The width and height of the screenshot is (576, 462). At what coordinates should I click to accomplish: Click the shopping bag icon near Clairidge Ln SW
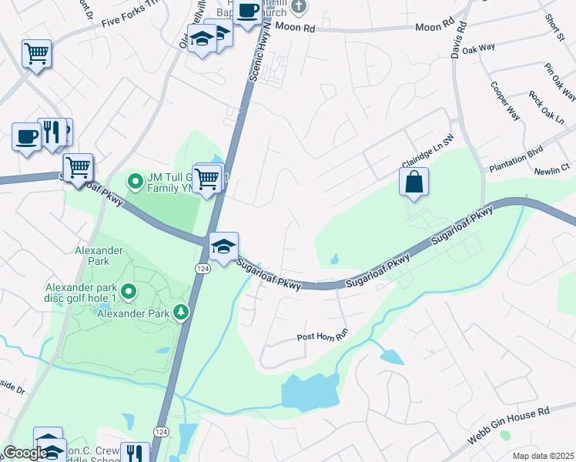pyautogui.click(x=414, y=182)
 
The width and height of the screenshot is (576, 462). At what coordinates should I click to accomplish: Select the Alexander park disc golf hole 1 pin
pyautogui.click(x=129, y=292)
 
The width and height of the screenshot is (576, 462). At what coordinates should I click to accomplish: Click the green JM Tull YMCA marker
pyautogui.click(x=136, y=182)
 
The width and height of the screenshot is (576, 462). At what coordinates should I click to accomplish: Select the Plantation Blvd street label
pyautogui.click(x=517, y=159)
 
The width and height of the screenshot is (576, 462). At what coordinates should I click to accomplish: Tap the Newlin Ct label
pyautogui.click(x=554, y=166)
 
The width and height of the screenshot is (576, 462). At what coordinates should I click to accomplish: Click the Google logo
pyautogui.click(x=25, y=453)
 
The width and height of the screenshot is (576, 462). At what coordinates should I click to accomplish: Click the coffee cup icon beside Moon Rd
pyautogui.click(x=248, y=12)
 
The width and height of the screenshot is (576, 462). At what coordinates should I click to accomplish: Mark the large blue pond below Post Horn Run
pyautogui.click(x=310, y=391)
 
